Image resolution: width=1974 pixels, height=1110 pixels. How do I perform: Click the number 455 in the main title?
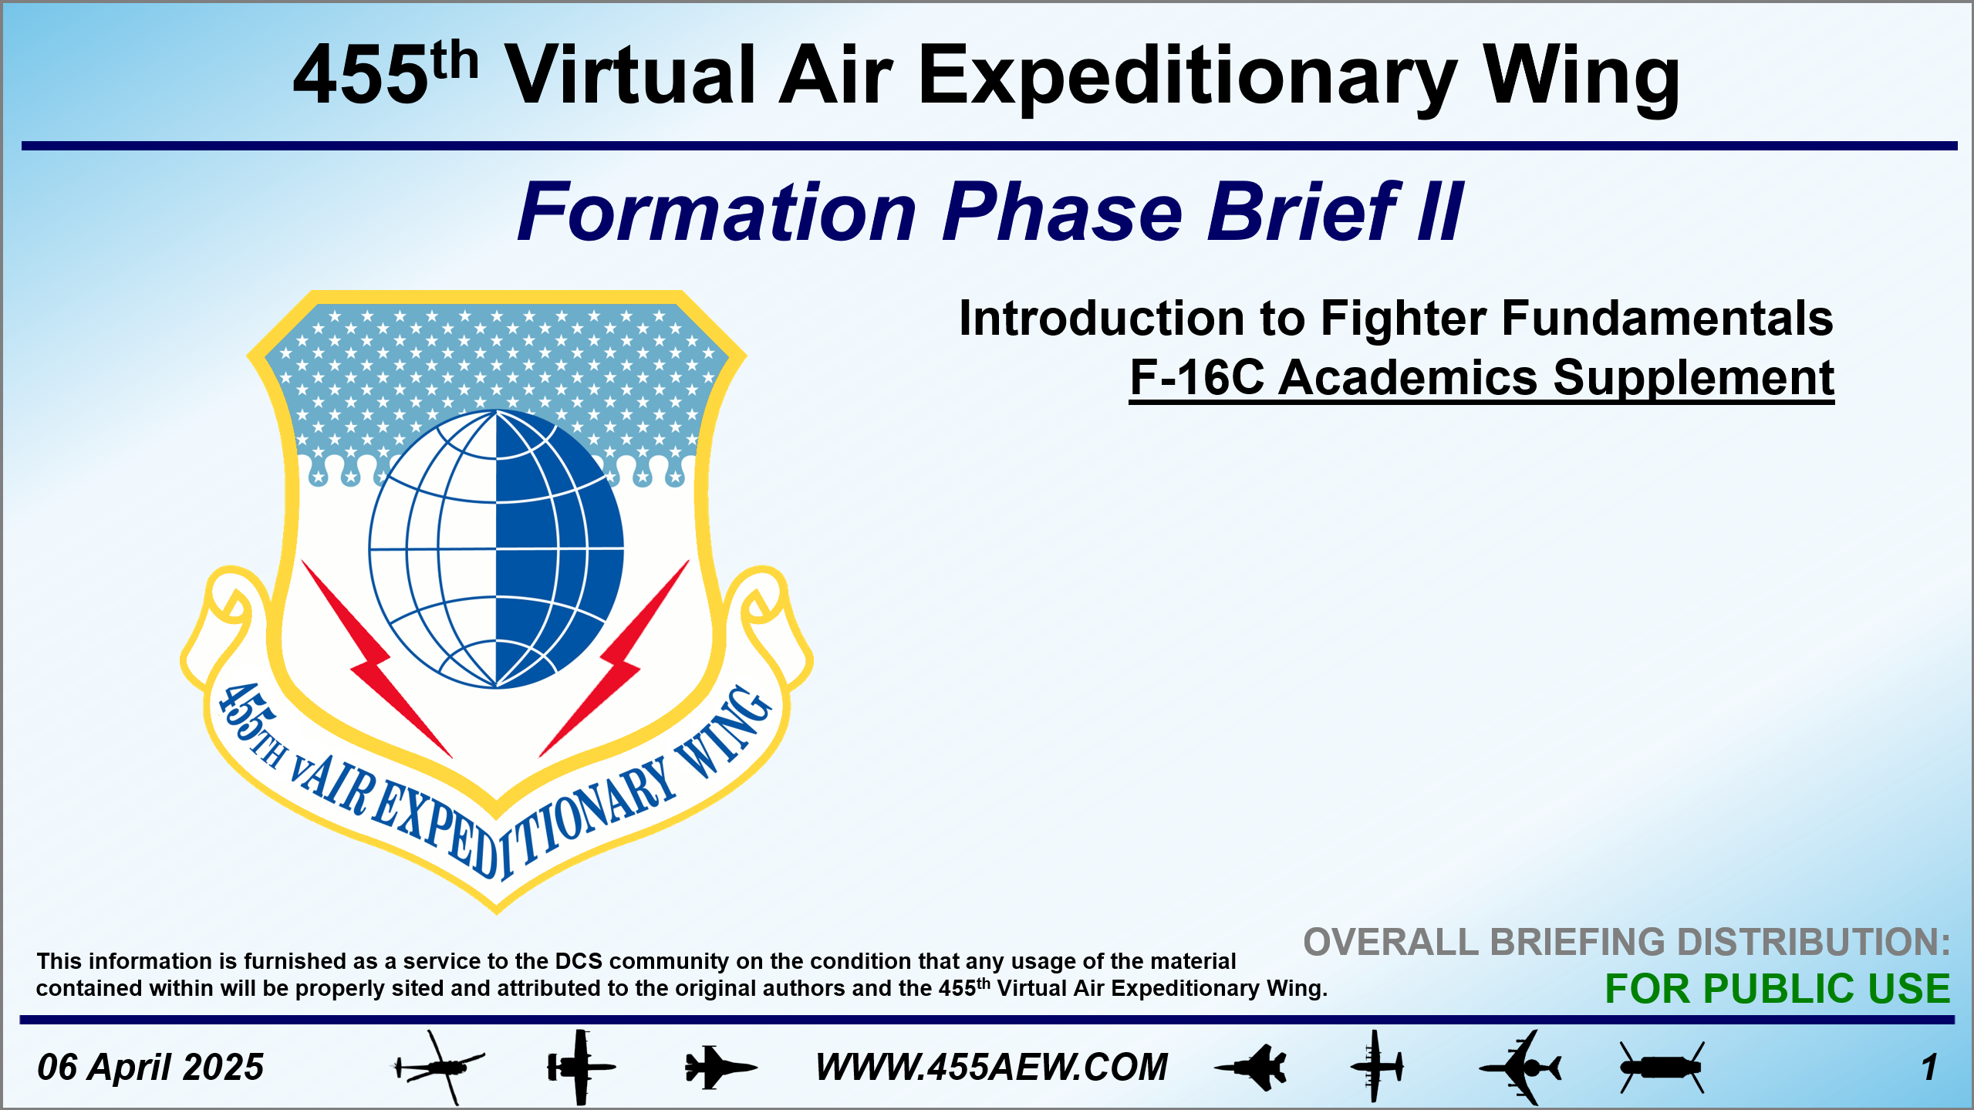tap(360, 75)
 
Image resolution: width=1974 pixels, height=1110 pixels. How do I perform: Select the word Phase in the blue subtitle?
tap(1062, 211)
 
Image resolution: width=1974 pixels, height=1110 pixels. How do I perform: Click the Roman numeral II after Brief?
tap(1439, 211)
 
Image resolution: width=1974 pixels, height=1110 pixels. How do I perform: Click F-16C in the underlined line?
tap(1196, 378)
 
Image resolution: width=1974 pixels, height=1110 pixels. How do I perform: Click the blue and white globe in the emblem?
tap(496, 549)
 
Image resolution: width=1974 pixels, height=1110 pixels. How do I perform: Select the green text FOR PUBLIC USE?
tap(1777, 989)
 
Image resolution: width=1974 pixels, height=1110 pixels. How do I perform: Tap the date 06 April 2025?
tap(150, 1068)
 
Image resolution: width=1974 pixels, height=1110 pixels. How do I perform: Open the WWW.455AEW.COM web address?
tap(992, 1068)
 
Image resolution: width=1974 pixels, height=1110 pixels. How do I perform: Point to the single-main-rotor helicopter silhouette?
tap(438, 1068)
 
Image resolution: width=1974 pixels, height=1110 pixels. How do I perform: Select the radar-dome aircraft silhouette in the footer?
tap(1520, 1068)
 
